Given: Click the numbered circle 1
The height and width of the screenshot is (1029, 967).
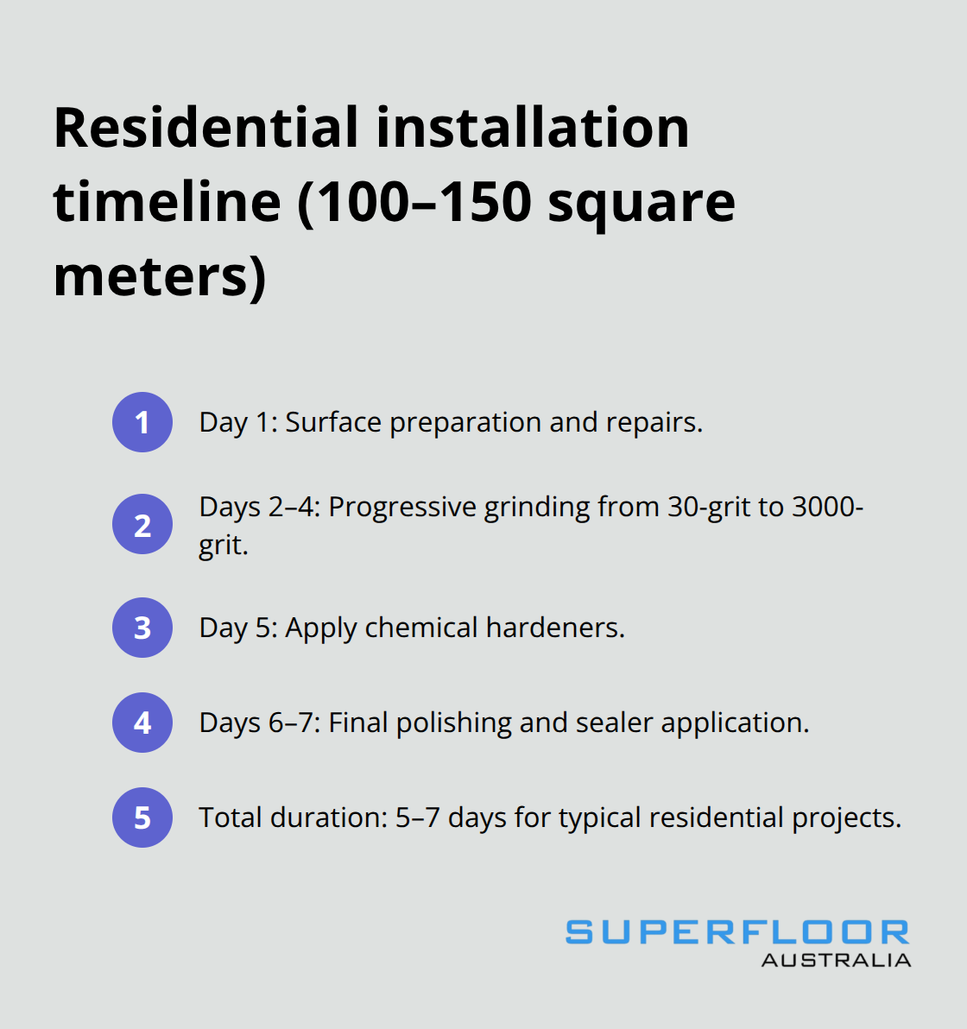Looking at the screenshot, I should pyautogui.click(x=142, y=422).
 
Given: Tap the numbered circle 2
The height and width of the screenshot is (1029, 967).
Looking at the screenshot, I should pyautogui.click(x=142, y=524).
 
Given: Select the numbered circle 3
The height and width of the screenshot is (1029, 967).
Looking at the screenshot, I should pyautogui.click(x=142, y=628).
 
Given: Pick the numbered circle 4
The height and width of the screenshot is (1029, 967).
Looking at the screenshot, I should pyautogui.click(x=142, y=723).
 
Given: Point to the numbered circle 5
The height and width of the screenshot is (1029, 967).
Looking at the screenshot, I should pyautogui.click(x=142, y=818).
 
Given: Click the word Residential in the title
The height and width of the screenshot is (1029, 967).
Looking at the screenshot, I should pyautogui.click(x=205, y=128).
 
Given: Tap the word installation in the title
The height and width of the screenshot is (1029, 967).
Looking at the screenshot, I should pyautogui.click(x=533, y=128).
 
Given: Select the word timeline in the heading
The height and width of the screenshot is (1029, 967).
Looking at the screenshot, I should pyautogui.click(x=167, y=202).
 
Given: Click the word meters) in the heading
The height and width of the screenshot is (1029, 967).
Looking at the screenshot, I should pyautogui.click(x=160, y=276).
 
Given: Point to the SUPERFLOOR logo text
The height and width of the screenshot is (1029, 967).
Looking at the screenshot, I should pyautogui.click(x=737, y=932).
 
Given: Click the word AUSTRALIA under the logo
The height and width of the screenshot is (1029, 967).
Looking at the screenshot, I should pyautogui.click(x=836, y=960).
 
